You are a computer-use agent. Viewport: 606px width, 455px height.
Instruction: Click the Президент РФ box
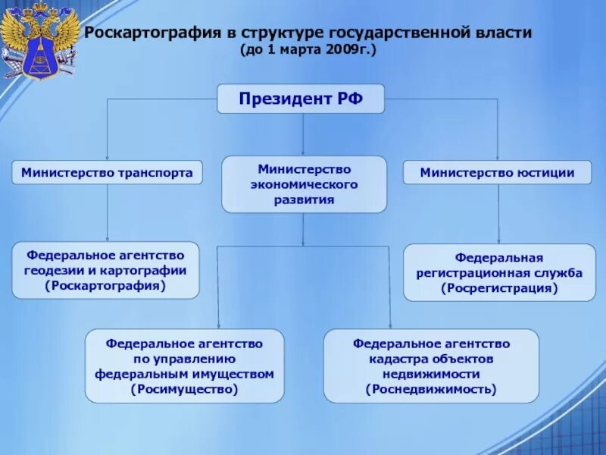click(x=301, y=99)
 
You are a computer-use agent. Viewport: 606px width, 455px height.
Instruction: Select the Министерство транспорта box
click(x=107, y=173)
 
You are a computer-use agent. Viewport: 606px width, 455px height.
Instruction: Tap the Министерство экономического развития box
click(x=304, y=184)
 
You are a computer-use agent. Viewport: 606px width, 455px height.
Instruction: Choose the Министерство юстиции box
click(x=498, y=173)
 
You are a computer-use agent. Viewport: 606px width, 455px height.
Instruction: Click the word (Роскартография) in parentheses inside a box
click(x=105, y=286)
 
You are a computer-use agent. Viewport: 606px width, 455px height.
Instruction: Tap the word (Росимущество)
click(x=184, y=390)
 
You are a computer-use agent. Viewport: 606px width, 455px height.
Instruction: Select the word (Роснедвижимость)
click(x=431, y=390)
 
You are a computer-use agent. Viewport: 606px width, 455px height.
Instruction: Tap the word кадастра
click(x=395, y=359)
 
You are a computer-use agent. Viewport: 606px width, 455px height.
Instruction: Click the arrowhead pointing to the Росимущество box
click(x=218, y=324)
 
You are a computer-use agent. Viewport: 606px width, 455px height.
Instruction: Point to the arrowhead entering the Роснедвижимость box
click(x=389, y=324)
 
